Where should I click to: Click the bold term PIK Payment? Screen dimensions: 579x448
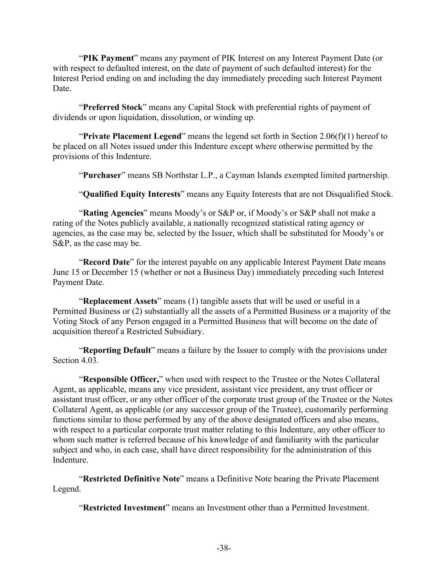(x=108, y=58)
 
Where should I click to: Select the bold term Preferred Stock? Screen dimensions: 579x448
(x=113, y=107)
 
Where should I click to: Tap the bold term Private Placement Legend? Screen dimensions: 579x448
(x=132, y=137)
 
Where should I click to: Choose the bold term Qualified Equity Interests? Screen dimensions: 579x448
(x=132, y=194)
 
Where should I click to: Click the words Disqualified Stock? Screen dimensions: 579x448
(x=359, y=194)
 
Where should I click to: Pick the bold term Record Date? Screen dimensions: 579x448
(x=106, y=262)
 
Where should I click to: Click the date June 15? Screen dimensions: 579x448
(x=66, y=272)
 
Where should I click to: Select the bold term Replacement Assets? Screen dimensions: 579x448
(x=120, y=301)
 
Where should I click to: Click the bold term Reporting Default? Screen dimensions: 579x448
(x=117, y=350)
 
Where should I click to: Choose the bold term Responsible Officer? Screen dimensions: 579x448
(x=121, y=379)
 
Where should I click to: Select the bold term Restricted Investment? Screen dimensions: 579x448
(x=124, y=508)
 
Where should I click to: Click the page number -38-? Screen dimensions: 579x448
(x=224, y=548)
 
